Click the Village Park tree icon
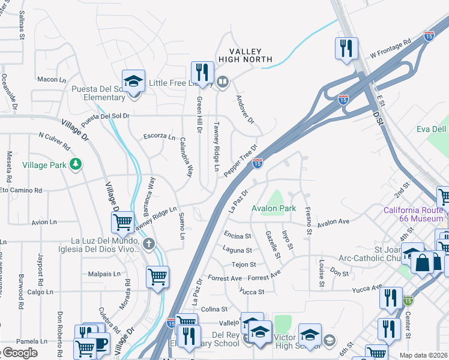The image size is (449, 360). click(76, 164)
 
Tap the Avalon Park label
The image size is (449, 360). click(274, 209)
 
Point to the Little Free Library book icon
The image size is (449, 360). click(223, 82)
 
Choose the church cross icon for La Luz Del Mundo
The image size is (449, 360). click(149, 242)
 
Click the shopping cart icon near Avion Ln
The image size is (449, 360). click(122, 223)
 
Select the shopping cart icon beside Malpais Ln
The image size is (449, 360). click(157, 277)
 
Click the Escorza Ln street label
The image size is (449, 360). click(159, 136)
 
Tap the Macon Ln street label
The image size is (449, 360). click(52, 79)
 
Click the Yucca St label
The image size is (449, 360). click(252, 292)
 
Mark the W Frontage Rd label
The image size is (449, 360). click(390, 49)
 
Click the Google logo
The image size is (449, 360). click(20, 353)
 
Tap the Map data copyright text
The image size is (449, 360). click(424, 355)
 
